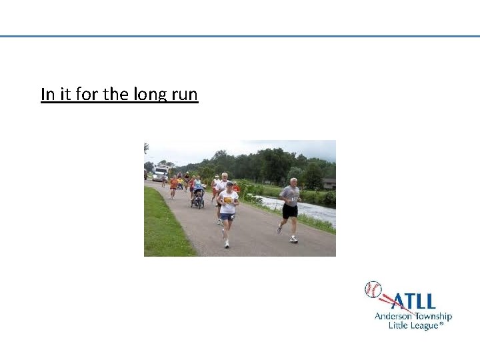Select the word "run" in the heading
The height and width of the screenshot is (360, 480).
[184, 95]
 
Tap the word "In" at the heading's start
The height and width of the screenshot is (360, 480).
[47, 95]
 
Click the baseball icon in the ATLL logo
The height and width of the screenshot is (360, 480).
[373, 289]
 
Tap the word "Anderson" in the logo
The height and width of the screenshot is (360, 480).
[395, 316]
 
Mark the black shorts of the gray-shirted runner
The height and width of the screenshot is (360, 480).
[289, 211]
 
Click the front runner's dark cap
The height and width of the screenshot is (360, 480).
[229, 184]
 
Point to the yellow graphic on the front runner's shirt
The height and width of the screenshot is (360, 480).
[229, 200]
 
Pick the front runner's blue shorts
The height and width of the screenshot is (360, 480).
[228, 217]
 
